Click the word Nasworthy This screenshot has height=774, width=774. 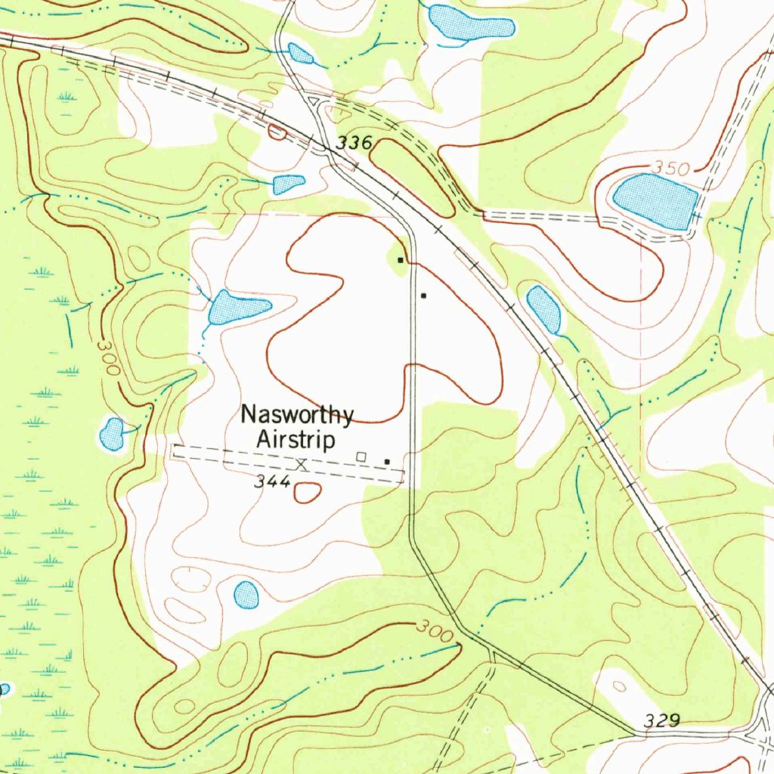297,415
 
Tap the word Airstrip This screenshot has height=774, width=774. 296,438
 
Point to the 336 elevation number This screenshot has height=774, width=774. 354,142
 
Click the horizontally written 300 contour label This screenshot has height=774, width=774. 435,631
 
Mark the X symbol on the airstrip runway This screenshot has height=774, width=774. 302,463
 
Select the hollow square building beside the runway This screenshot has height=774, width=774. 361,456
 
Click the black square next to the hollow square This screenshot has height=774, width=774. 387,461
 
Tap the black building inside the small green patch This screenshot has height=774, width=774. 400,259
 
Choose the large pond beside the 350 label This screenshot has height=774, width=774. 655,200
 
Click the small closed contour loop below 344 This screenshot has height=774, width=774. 306,493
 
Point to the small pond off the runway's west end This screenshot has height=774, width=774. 113,434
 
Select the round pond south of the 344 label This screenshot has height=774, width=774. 246,595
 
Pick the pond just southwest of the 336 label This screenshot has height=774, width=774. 288,184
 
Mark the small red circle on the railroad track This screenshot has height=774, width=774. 277,132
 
